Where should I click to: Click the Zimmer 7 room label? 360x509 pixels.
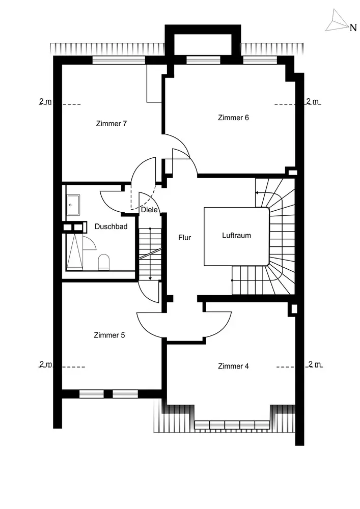click(x=111, y=124)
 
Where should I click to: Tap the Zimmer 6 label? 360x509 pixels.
click(x=233, y=118)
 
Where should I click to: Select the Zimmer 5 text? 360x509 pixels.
click(x=109, y=335)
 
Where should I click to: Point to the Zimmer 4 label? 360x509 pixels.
click(x=233, y=366)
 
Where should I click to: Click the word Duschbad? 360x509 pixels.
click(x=110, y=227)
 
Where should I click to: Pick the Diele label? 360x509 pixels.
click(x=149, y=210)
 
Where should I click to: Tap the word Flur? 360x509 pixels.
click(x=184, y=237)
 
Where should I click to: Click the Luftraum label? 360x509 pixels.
click(x=236, y=236)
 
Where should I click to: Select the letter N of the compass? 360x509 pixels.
click(x=352, y=29)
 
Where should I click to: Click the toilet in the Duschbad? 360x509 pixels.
click(x=104, y=262)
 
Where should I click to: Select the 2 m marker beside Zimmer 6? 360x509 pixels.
click(x=313, y=101)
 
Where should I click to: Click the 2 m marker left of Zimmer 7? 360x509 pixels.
click(x=45, y=101)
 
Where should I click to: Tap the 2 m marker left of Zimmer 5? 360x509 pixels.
click(x=45, y=364)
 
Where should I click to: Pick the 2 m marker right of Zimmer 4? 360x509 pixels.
click(x=314, y=364)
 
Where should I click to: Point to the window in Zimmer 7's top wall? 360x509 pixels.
click(x=119, y=60)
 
